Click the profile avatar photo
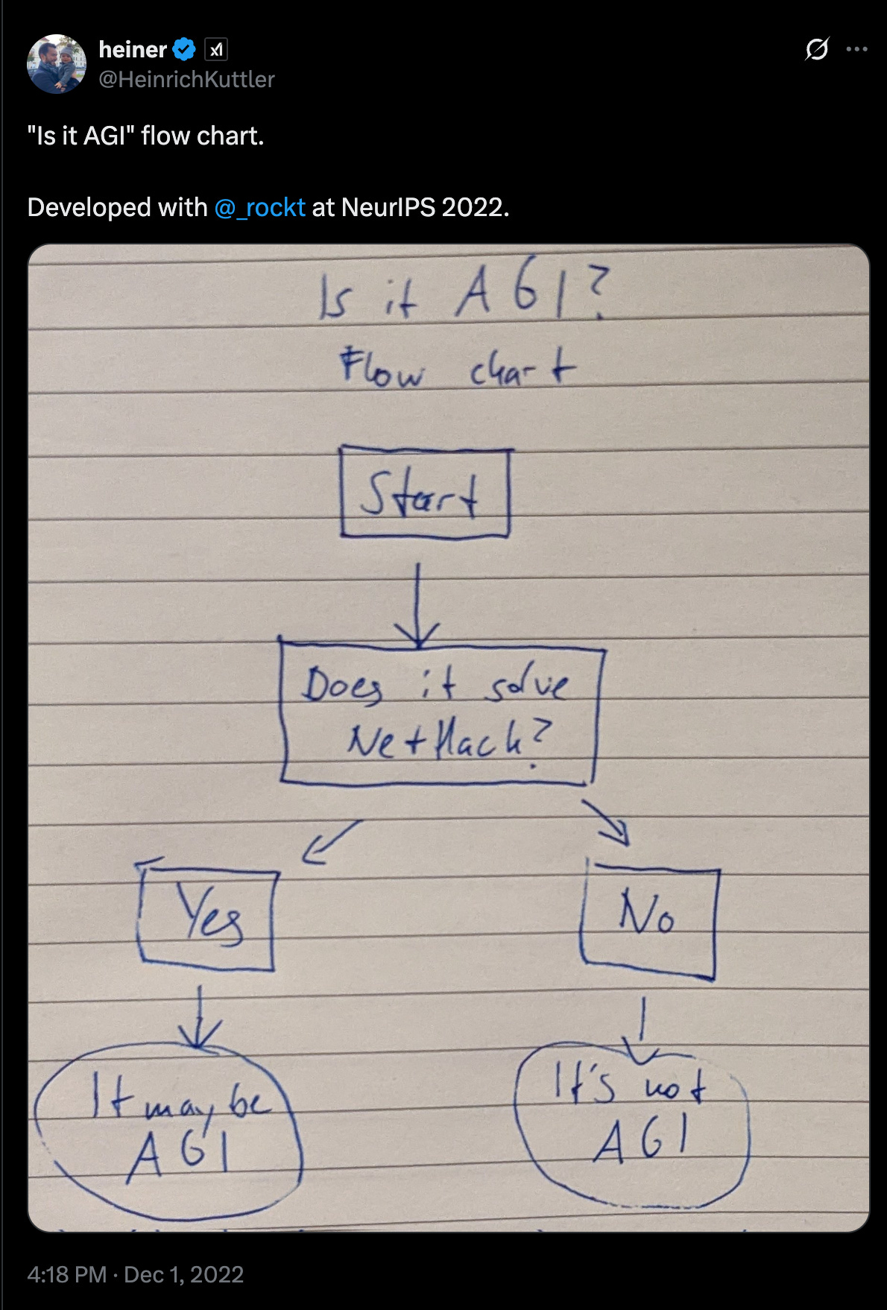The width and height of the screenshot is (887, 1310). pyautogui.click(x=57, y=64)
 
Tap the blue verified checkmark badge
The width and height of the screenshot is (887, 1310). pyautogui.click(x=184, y=50)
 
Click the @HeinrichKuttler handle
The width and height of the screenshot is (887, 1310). pyautogui.click(x=186, y=79)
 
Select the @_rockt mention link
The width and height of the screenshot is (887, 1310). pyautogui.click(x=259, y=207)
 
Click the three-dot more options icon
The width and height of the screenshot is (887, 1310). pyautogui.click(x=857, y=50)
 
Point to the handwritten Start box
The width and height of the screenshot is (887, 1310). pyautogui.click(x=425, y=492)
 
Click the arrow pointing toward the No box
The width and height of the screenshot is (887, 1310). pyautogui.click(x=607, y=823)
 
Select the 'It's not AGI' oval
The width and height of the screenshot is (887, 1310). pyautogui.click(x=632, y=1124)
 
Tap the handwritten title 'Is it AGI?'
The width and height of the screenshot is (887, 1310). pyautogui.click(x=462, y=296)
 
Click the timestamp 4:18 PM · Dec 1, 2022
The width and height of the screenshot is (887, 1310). pyautogui.click(x=136, y=1274)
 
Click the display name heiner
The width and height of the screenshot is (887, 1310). pyautogui.click(x=133, y=50)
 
